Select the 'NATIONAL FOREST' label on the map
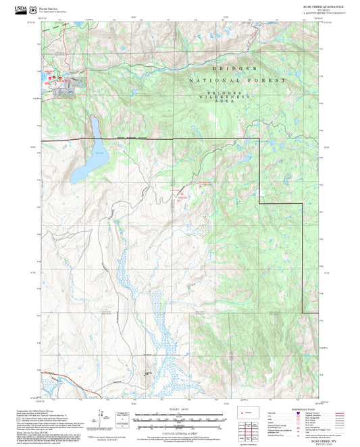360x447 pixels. click(x=237, y=80)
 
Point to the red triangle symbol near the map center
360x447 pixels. click(x=181, y=196)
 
